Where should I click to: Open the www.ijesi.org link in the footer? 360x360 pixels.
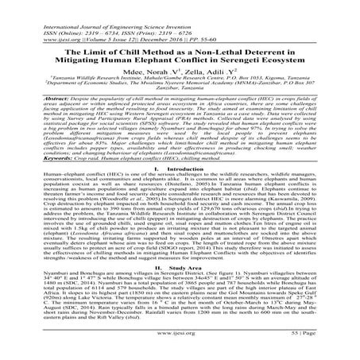point(180,346)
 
